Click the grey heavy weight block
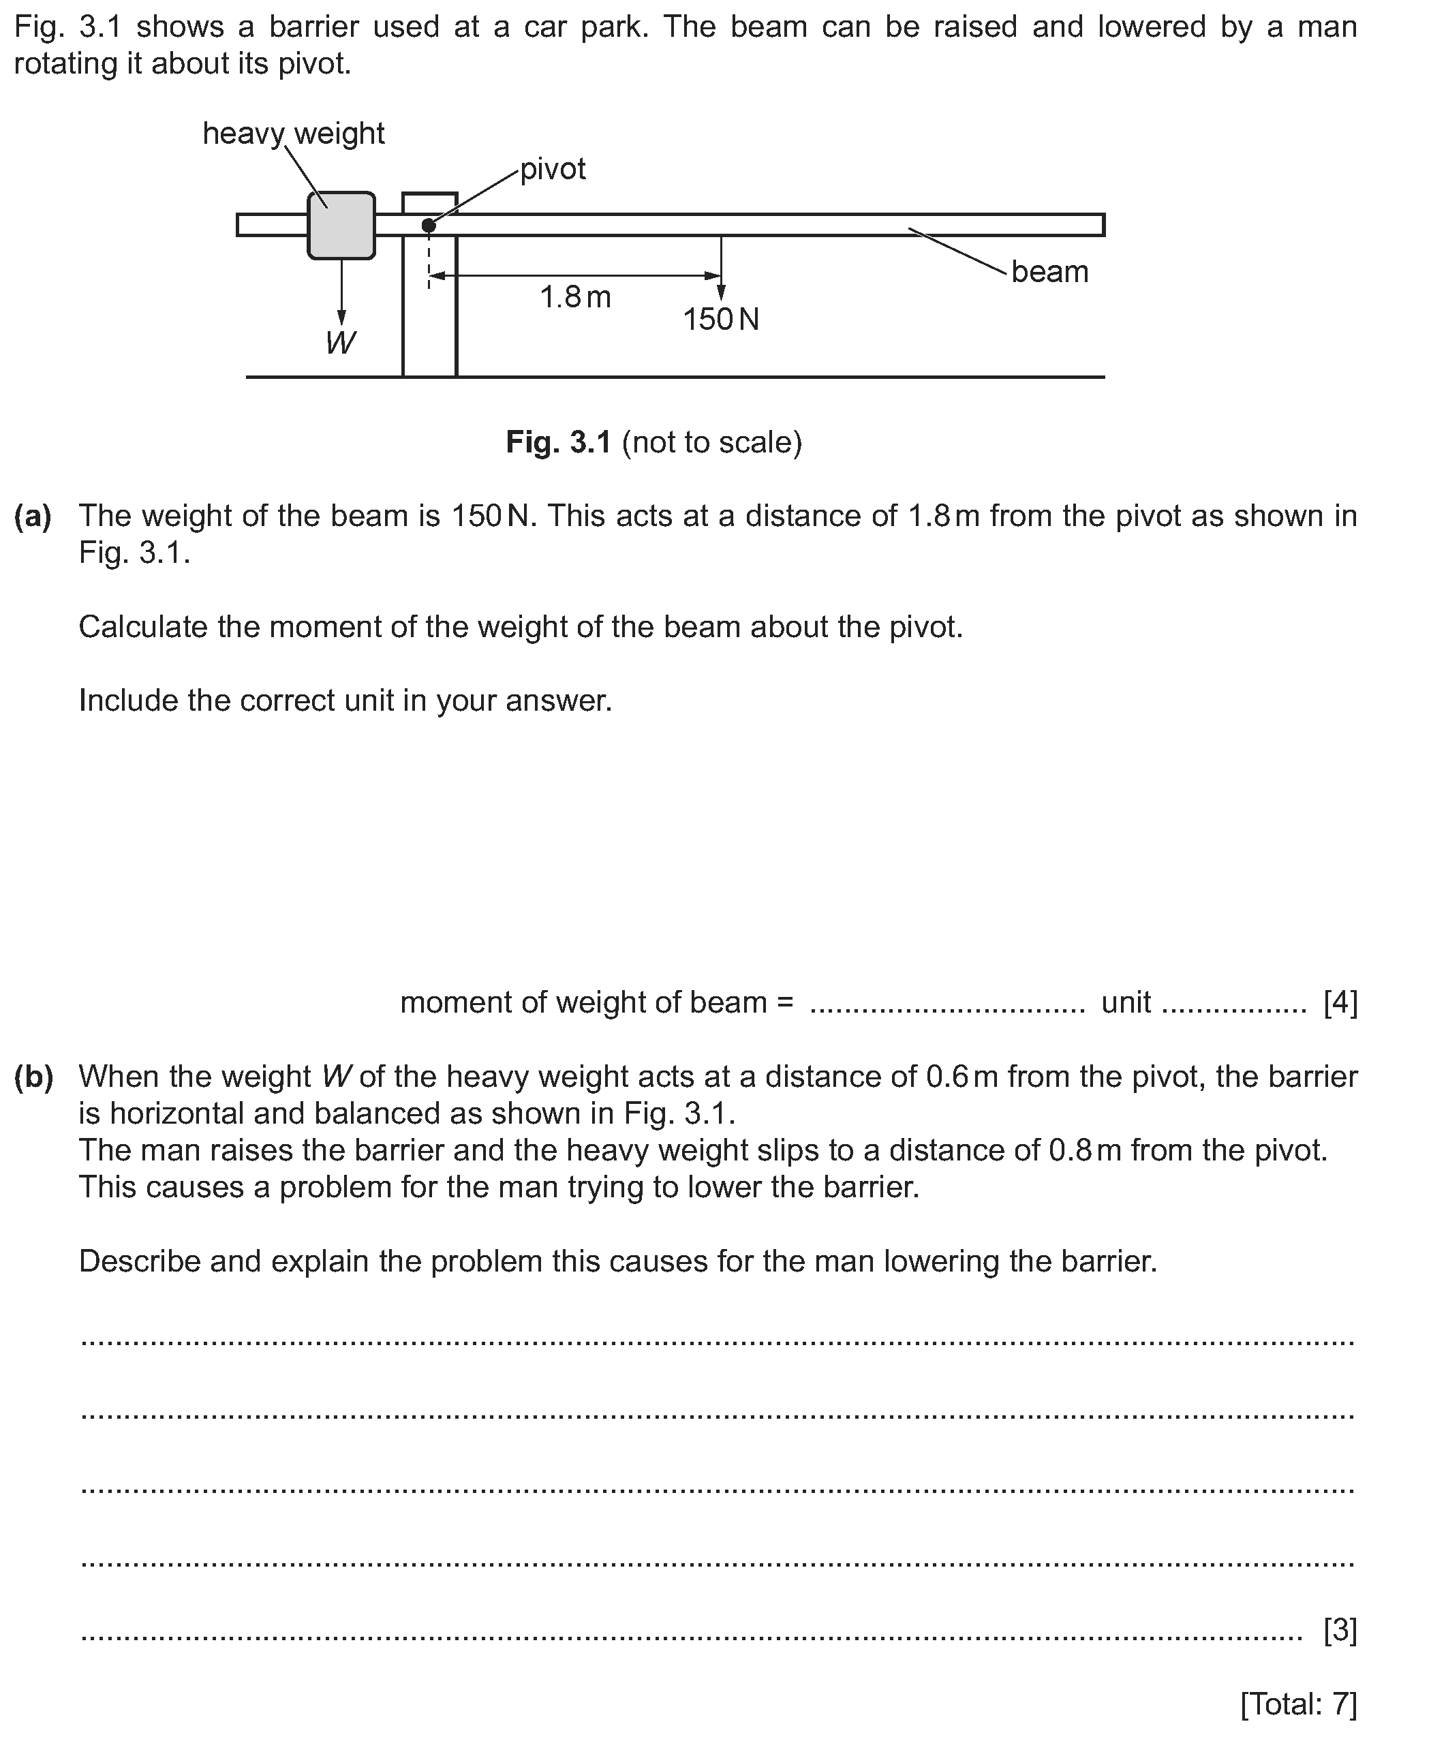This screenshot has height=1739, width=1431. [341, 226]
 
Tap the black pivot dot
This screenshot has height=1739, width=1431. [429, 225]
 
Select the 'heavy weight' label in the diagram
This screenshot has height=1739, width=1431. [294, 134]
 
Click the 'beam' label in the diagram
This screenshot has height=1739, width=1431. [1049, 272]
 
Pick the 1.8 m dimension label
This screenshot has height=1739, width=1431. [575, 298]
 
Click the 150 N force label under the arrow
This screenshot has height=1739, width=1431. [720, 320]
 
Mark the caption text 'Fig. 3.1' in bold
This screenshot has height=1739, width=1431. [558, 442]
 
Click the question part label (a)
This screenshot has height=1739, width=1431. [33, 516]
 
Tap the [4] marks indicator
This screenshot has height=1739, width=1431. [1340, 1003]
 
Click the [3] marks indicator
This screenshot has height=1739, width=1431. [1340, 1629]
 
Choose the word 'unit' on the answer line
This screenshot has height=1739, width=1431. [1126, 1003]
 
